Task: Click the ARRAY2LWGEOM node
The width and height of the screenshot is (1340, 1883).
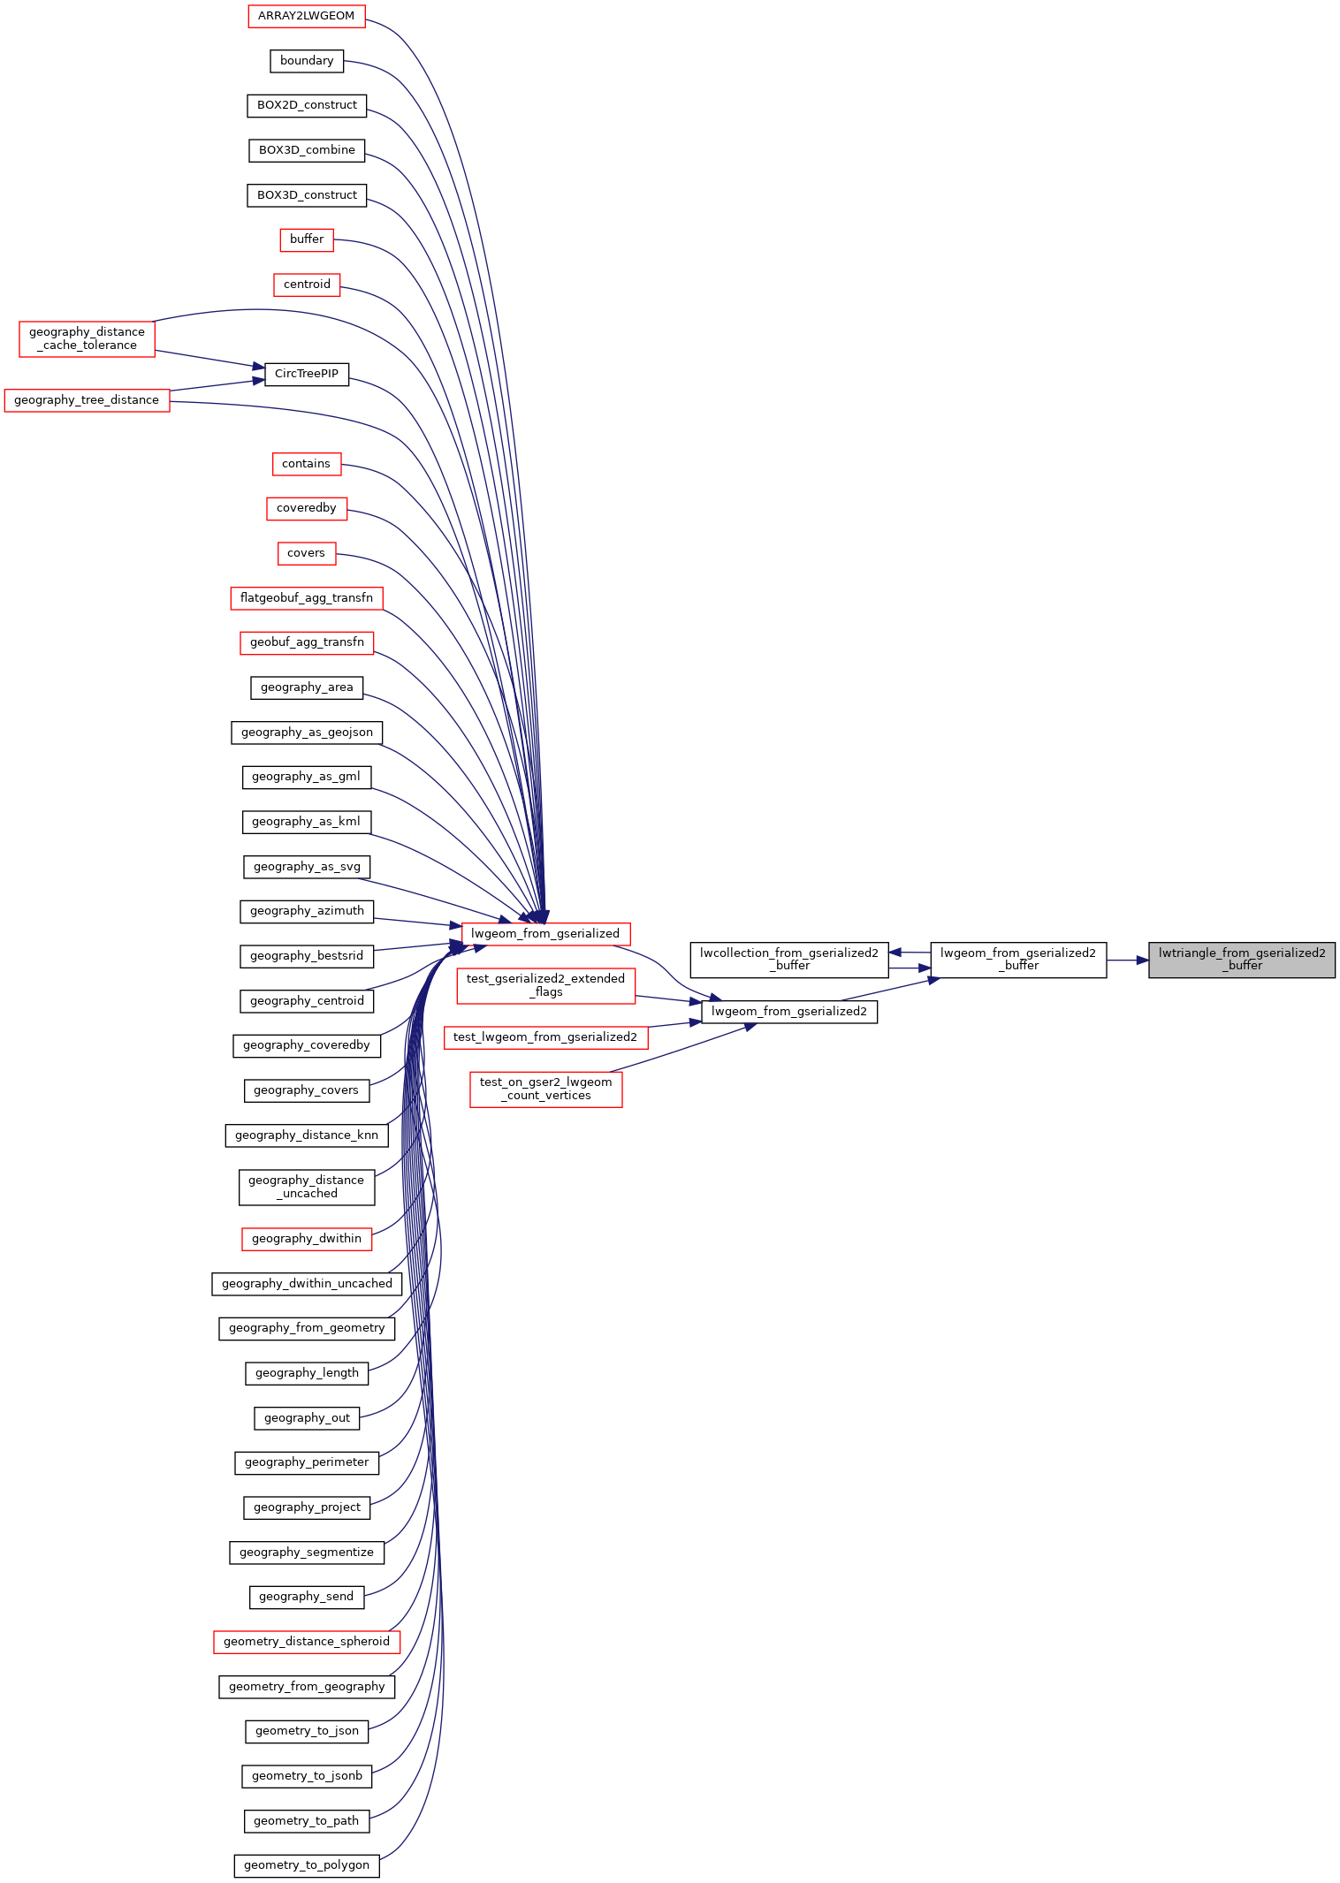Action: click(306, 16)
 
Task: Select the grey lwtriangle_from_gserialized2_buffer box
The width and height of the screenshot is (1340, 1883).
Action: click(1241, 960)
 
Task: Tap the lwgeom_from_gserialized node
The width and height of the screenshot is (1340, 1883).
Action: click(545, 934)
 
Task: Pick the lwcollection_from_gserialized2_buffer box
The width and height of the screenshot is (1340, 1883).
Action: click(788, 960)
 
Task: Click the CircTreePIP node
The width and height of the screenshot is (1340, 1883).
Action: click(306, 374)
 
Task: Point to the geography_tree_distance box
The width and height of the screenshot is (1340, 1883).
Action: click(87, 400)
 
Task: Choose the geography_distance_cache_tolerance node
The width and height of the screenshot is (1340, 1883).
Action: click(87, 338)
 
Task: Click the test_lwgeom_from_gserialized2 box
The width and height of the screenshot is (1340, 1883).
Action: click(545, 1037)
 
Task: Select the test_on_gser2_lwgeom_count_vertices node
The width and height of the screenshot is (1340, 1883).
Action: click(545, 1089)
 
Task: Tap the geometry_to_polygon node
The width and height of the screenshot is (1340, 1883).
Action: click(306, 1865)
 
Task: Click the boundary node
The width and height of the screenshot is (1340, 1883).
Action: click(306, 61)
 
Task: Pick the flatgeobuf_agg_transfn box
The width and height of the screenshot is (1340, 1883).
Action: click(306, 598)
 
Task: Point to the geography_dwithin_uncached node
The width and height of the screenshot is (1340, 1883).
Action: click(306, 1284)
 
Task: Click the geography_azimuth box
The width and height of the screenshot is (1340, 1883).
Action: click(306, 911)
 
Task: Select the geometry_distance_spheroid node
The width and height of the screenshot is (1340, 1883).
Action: click(306, 1642)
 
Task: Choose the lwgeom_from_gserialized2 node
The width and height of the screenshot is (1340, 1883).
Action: click(788, 1012)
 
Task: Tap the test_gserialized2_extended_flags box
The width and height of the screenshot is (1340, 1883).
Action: click(545, 985)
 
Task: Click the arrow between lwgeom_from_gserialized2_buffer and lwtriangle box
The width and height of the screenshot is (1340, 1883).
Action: click(1127, 960)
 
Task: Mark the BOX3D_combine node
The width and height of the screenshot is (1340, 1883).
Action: click(306, 150)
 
